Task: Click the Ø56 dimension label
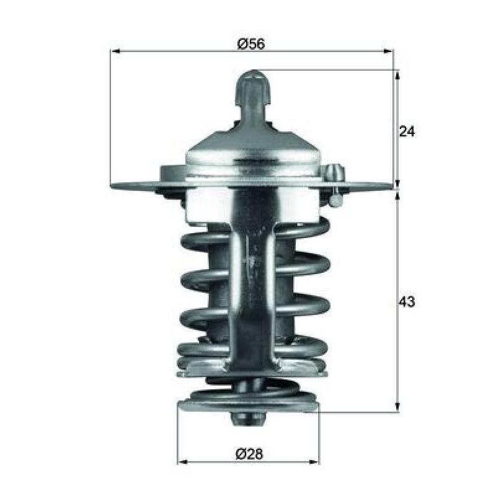coord(251,43)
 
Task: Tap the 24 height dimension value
coord(407,131)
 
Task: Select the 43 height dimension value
coord(407,302)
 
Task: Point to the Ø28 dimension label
coord(249,454)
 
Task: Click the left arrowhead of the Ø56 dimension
coord(116,51)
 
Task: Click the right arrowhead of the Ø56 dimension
coord(389,51)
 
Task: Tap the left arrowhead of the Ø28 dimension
coord(183,462)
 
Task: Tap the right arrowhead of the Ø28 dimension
coord(314,462)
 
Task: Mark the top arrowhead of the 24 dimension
coord(397,76)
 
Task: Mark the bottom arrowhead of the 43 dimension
coord(397,407)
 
